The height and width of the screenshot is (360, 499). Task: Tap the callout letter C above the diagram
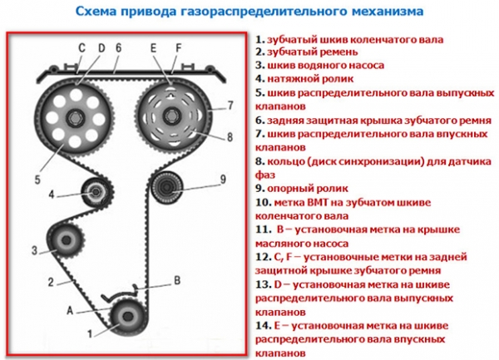tap(82, 48)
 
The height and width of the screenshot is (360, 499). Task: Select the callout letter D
tap(101, 48)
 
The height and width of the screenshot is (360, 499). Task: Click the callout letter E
tap(154, 48)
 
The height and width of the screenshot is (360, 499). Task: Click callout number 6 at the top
tap(119, 48)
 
